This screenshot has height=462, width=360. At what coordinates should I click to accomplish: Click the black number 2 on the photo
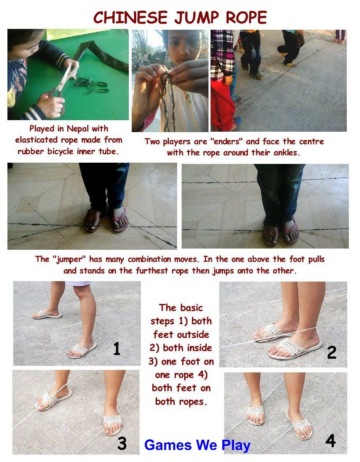pos(332,353)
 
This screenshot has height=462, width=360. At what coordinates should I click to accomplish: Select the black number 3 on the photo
pos(122,443)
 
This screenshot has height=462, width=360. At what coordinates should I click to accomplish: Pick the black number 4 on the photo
pos(330,441)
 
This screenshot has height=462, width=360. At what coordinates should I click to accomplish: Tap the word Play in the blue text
pos(236,446)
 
